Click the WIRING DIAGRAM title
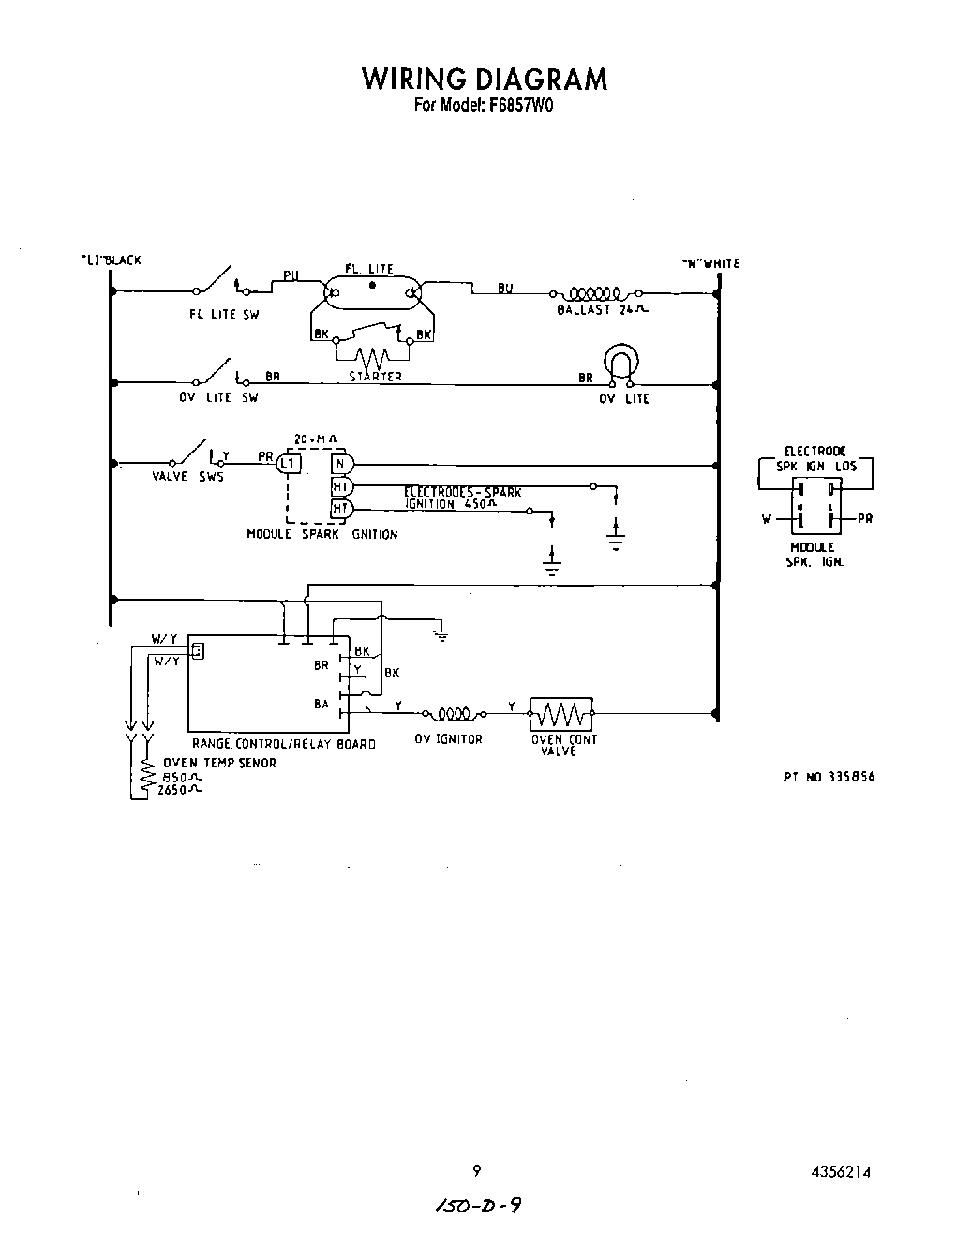485,79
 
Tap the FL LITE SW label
223,315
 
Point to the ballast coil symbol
591,293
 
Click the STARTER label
375,377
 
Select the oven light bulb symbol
620,364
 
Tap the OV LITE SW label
218,397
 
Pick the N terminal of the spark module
340,463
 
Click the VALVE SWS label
187,477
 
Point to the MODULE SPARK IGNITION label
321,535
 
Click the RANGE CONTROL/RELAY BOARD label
283,744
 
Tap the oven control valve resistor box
561,714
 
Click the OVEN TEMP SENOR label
219,763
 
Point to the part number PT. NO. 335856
829,777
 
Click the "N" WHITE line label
710,264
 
